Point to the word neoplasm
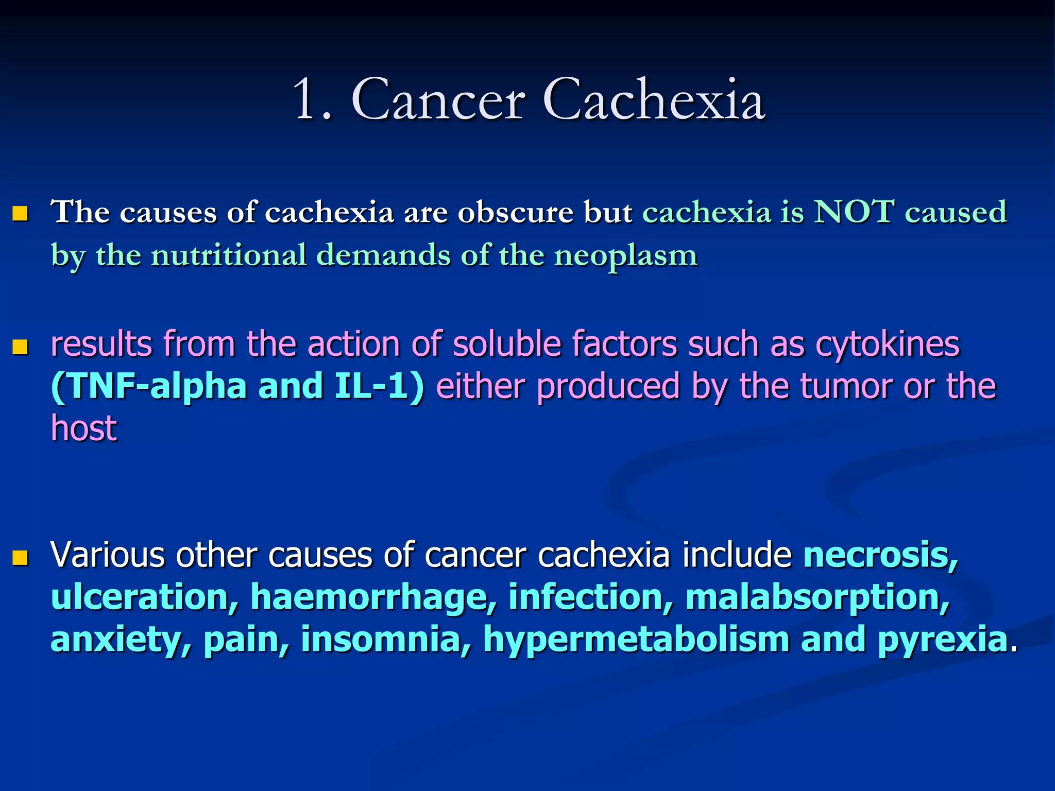(625, 256)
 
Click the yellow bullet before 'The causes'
(20, 213)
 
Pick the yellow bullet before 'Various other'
(20, 557)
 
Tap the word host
(84, 428)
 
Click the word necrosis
(880, 555)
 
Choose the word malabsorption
(817, 597)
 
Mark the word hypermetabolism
(636, 639)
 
